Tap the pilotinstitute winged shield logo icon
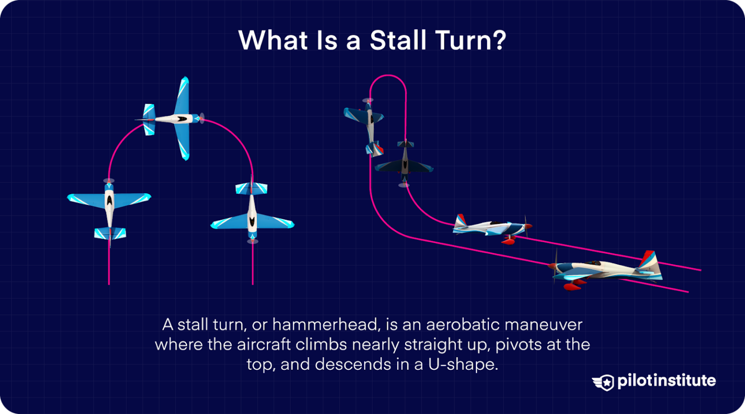click(603, 382)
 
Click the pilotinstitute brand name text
click(666, 381)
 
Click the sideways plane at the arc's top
click(172, 118)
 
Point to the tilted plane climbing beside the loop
click(368, 126)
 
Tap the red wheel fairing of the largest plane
click(572, 286)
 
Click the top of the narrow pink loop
click(388, 76)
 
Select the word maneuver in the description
click(544, 324)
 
